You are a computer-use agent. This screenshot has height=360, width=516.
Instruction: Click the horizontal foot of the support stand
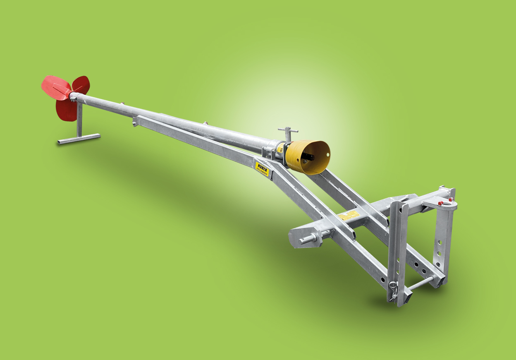[x=79, y=138]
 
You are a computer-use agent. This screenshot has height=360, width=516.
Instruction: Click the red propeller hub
[x=70, y=95]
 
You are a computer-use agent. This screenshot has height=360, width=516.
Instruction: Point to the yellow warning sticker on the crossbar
[x=348, y=215]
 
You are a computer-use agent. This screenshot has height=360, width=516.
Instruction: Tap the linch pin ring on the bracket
[x=393, y=286]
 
